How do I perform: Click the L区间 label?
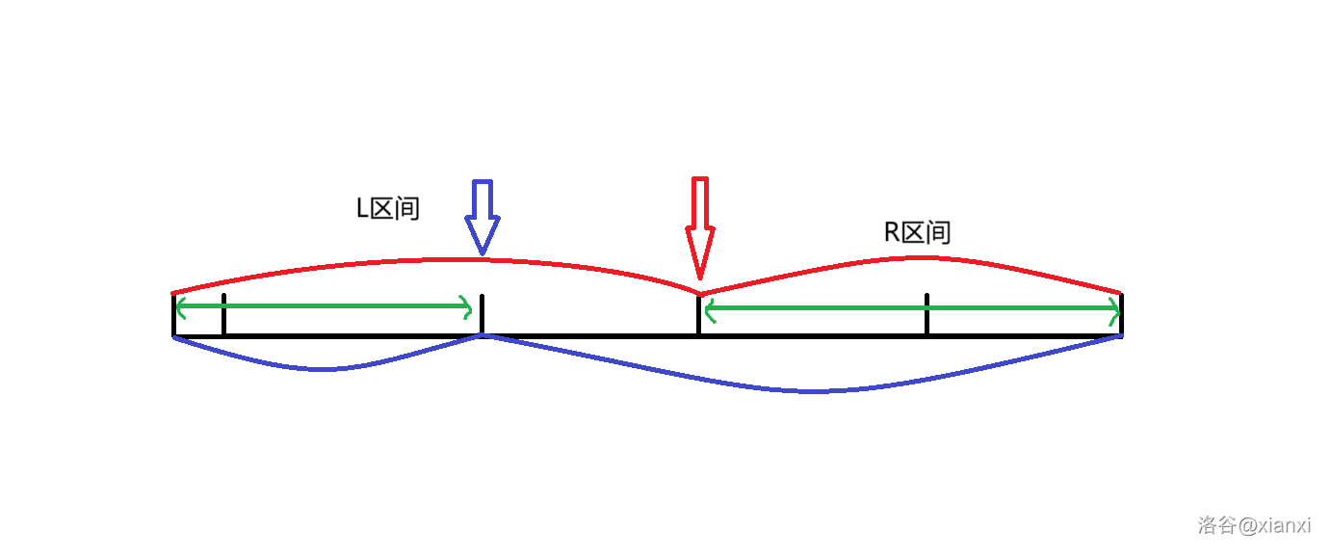(388, 208)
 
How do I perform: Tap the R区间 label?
(917, 232)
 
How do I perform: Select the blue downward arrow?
(482, 217)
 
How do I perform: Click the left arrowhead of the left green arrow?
(179, 307)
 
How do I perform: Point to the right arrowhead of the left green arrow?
(468, 308)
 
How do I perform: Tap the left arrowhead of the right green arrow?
(709, 309)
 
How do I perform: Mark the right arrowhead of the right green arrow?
(1115, 310)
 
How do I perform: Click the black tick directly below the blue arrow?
(482, 314)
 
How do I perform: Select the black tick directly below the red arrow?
(698, 316)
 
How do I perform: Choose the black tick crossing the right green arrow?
(926, 314)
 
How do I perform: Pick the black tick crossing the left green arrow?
(223, 314)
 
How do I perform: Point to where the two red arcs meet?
(700, 293)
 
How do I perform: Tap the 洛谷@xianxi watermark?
(1254, 525)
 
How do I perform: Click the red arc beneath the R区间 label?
(915, 258)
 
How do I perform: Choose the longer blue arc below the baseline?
(809, 390)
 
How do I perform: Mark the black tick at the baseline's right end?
(1121, 314)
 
